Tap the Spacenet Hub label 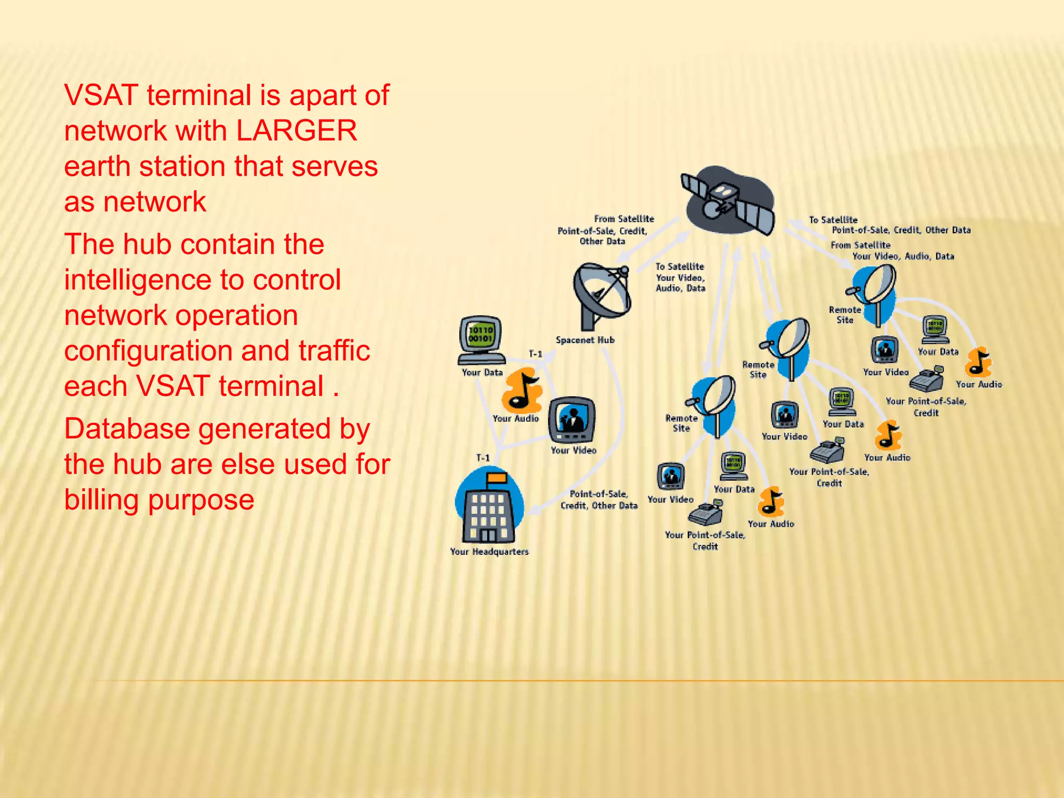click(x=585, y=340)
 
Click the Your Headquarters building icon click(x=488, y=507)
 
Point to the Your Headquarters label click(x=489, y=551)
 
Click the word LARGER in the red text click(x=297, y=130)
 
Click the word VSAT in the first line click(x=101, y=95)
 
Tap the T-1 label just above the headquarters click(x=483, y=458)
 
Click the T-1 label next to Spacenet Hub click(x=536, y=354)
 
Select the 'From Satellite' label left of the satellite click(x=624, y=219)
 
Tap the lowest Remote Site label click(x=681, y=423)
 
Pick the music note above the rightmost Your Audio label click(x=978, y=362)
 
